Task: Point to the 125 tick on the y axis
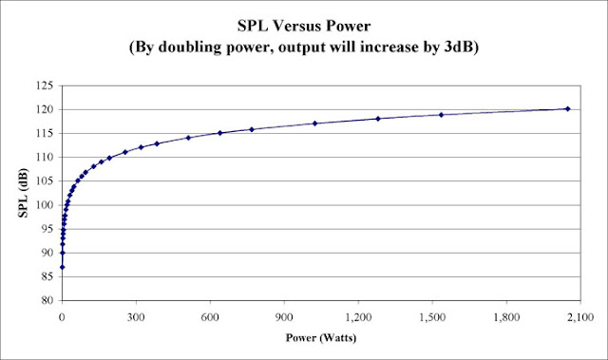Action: tap(44, 85)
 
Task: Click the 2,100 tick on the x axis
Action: tap(580, 315)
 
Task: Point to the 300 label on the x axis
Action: tap(137, 315)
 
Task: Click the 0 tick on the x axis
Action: tap(63, 315)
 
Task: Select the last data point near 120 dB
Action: tap(567, 109)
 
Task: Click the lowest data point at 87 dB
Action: tap(63, 267)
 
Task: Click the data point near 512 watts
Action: tap(189, 138)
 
